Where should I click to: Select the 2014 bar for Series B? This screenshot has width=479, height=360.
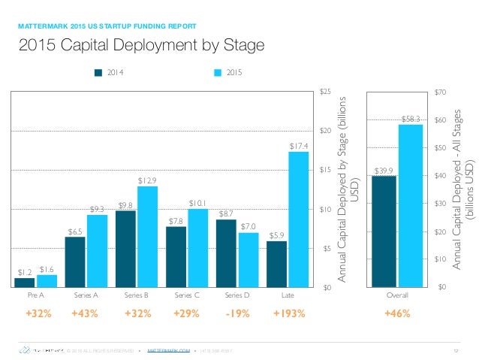point(126,249)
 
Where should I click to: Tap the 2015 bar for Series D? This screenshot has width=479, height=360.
point(249,260)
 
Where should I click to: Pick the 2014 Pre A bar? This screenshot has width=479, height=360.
point(25,283)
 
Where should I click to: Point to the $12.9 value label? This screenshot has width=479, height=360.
point(148,180)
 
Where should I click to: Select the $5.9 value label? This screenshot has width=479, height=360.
point(276,235)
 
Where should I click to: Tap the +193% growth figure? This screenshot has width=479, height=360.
point(289,313)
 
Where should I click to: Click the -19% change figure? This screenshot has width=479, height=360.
point(237,313)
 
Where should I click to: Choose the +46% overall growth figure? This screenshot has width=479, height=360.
point(397,313)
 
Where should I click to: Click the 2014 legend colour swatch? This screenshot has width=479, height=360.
point(98,74)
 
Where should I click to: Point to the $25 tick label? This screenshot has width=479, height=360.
point(325,92)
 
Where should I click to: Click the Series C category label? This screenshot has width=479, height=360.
point(187,297)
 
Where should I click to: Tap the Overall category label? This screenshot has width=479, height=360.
point(397,297)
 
